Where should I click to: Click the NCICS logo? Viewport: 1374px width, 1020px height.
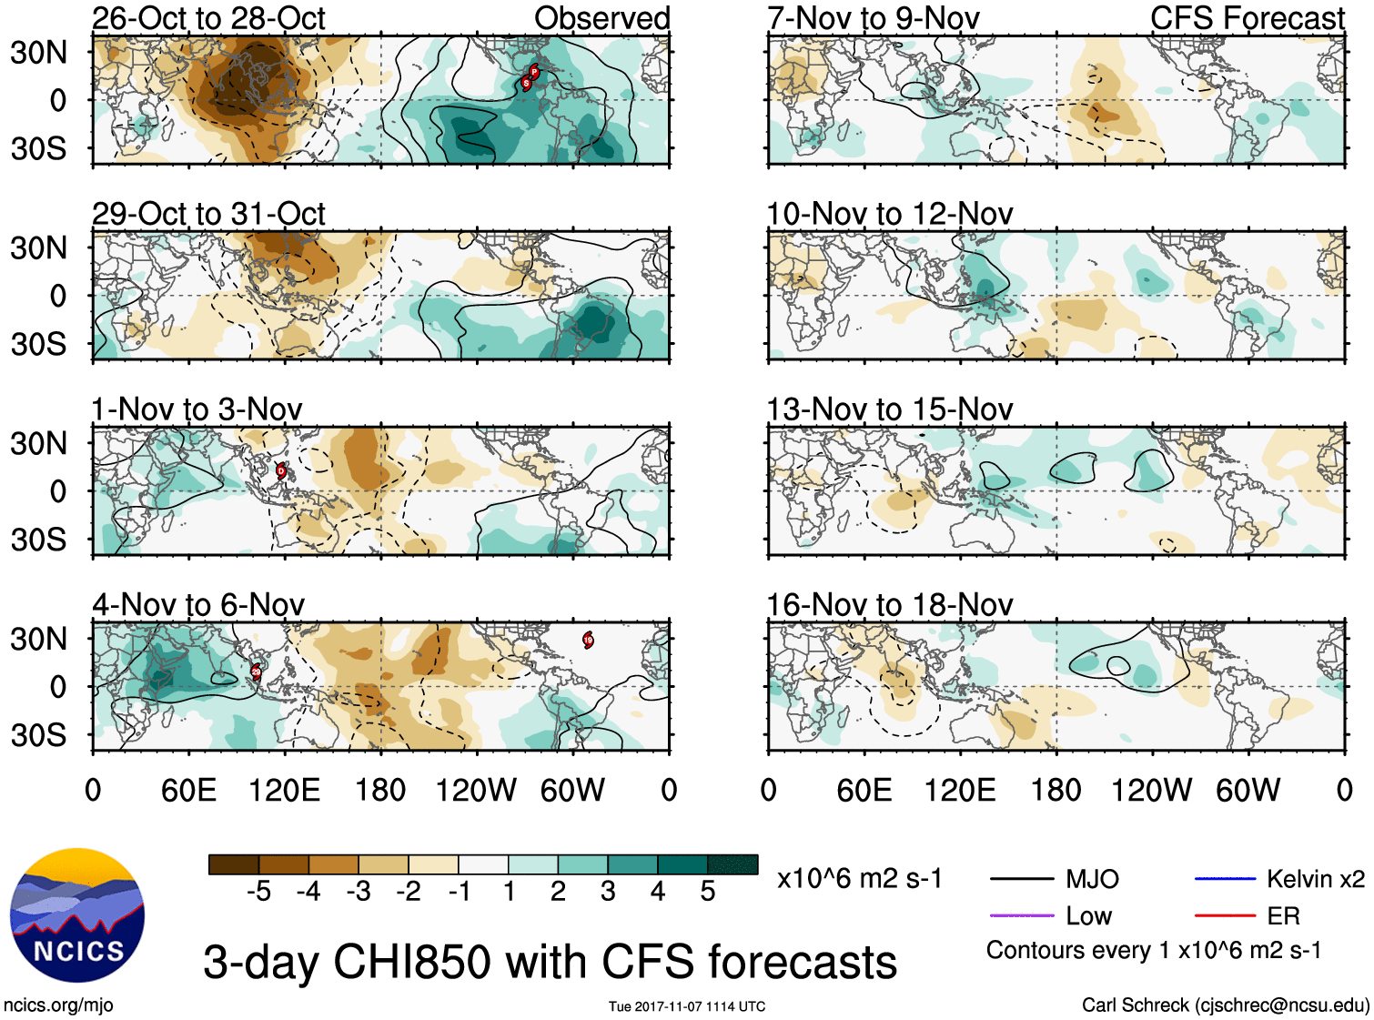(x=76, y=915)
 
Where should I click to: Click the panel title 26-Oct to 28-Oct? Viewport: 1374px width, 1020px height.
(x=208, y=18)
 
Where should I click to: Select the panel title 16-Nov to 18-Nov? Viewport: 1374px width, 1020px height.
(x=889, y=605)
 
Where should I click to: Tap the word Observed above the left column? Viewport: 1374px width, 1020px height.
(x=601, y=18)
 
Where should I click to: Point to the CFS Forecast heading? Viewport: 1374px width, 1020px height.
(x=1247, y=18)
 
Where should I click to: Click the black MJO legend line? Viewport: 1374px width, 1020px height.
(x=1021, y=879)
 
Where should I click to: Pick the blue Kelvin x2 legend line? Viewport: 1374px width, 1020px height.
(x=1225, y=879)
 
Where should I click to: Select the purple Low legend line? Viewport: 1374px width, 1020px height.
(x=1021, y=915)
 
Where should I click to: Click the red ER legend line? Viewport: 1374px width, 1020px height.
(x=1225, y=915)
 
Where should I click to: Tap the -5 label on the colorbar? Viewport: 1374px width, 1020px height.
(x=258, y=892)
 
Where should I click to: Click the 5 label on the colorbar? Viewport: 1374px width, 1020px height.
(x=708, y=892)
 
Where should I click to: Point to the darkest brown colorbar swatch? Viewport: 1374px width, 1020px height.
(x=234, y=864)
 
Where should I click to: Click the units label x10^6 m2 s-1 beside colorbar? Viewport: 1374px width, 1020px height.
(x=859, y=879)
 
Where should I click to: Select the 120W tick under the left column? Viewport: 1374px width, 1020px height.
(x=476, y=790)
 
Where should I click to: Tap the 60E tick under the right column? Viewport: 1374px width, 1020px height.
(x=864, y=790)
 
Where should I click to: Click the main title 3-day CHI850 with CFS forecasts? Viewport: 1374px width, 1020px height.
(x=550, y=962)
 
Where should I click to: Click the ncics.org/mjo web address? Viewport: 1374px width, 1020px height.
(x=58, y=1005)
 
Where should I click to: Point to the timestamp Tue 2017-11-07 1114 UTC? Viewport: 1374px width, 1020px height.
(x=687, y=1006)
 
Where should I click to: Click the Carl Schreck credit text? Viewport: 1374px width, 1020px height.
(x=1225, y=1005)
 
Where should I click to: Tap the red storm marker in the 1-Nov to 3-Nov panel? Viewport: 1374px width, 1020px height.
(x=281, y=470)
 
